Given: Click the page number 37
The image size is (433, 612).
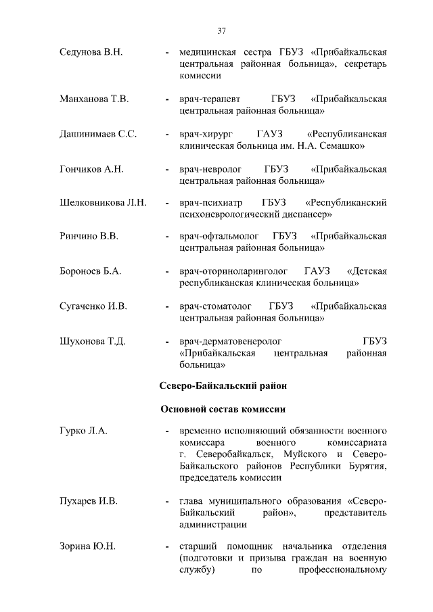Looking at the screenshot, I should pyautogui.click(x=221, y=30).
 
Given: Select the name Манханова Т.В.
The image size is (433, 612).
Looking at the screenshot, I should pyautogui.click(x=93, y=99).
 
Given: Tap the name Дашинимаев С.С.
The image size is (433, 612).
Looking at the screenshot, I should pyautogui.click(x=98, y=134).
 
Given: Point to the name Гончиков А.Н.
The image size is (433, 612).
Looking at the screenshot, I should pyautogui.click(x=91, y=168).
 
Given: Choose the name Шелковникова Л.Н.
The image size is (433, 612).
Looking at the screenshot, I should pyautogui.click(x=103, y=203).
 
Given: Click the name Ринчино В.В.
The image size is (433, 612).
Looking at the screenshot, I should pyautogui.click(x=89, y=237).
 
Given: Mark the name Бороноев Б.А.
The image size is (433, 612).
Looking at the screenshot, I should pyautogui.click(x=90, y=271).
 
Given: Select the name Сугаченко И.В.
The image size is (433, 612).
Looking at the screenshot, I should pyautogui.click(x=93, y=306).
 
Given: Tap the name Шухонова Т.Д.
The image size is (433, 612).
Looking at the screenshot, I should pyautogui.click(x=93, y=341).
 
